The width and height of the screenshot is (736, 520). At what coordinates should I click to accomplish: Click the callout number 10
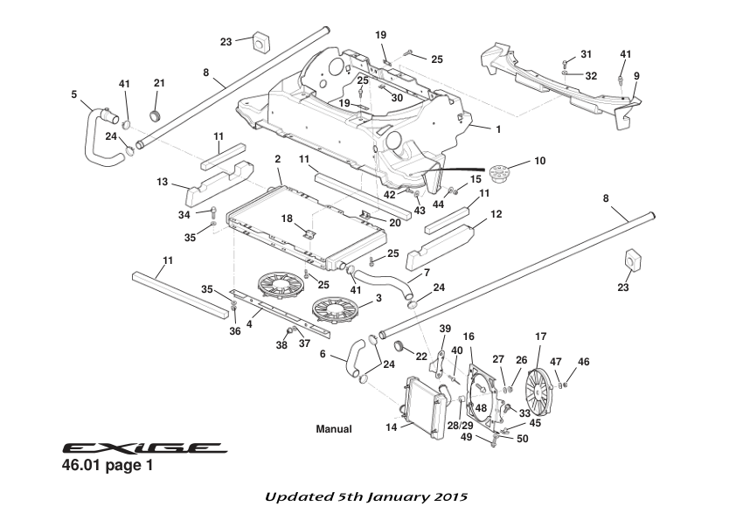[x=539, y=161]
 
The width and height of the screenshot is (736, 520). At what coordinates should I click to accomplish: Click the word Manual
[x=333, y=429]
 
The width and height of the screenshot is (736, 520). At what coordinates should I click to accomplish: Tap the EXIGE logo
[x=144, y=447]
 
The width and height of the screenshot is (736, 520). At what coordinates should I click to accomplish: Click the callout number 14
[x=392, y=427]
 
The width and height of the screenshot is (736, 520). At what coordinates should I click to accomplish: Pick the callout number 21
[x=159, y=83]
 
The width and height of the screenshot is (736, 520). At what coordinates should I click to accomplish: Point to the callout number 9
[x=637, y=76]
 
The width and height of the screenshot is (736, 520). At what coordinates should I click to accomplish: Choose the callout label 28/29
[x=460, y=425]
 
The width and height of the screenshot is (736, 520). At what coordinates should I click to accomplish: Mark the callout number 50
[x=523, y=439]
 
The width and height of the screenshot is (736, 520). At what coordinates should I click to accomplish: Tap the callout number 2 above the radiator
[x=277, y=159]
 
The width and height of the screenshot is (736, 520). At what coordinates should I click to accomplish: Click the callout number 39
[x=445, y=328]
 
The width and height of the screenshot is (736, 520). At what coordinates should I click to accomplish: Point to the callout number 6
[x=323, y=355]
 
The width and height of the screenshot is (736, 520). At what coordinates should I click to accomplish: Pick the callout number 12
[x=496, y=214]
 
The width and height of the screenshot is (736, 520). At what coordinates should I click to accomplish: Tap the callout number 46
[x=584, y=361]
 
